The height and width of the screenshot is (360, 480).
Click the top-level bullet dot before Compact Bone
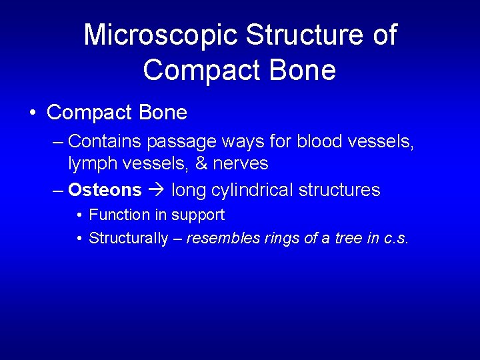coord(33,113)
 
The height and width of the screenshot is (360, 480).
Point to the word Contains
coord(105,141)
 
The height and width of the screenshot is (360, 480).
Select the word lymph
coord(92,163)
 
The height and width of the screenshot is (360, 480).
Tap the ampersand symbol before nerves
coord(202,163)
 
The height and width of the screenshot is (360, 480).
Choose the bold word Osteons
coord(105,190)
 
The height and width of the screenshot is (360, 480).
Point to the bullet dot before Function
coord(79,215)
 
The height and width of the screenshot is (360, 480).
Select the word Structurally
coord(128,239)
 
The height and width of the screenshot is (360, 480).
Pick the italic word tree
coord(349,239)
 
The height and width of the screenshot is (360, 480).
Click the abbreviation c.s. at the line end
coord(397,239)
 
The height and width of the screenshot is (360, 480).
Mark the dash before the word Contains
coord(58,141)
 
